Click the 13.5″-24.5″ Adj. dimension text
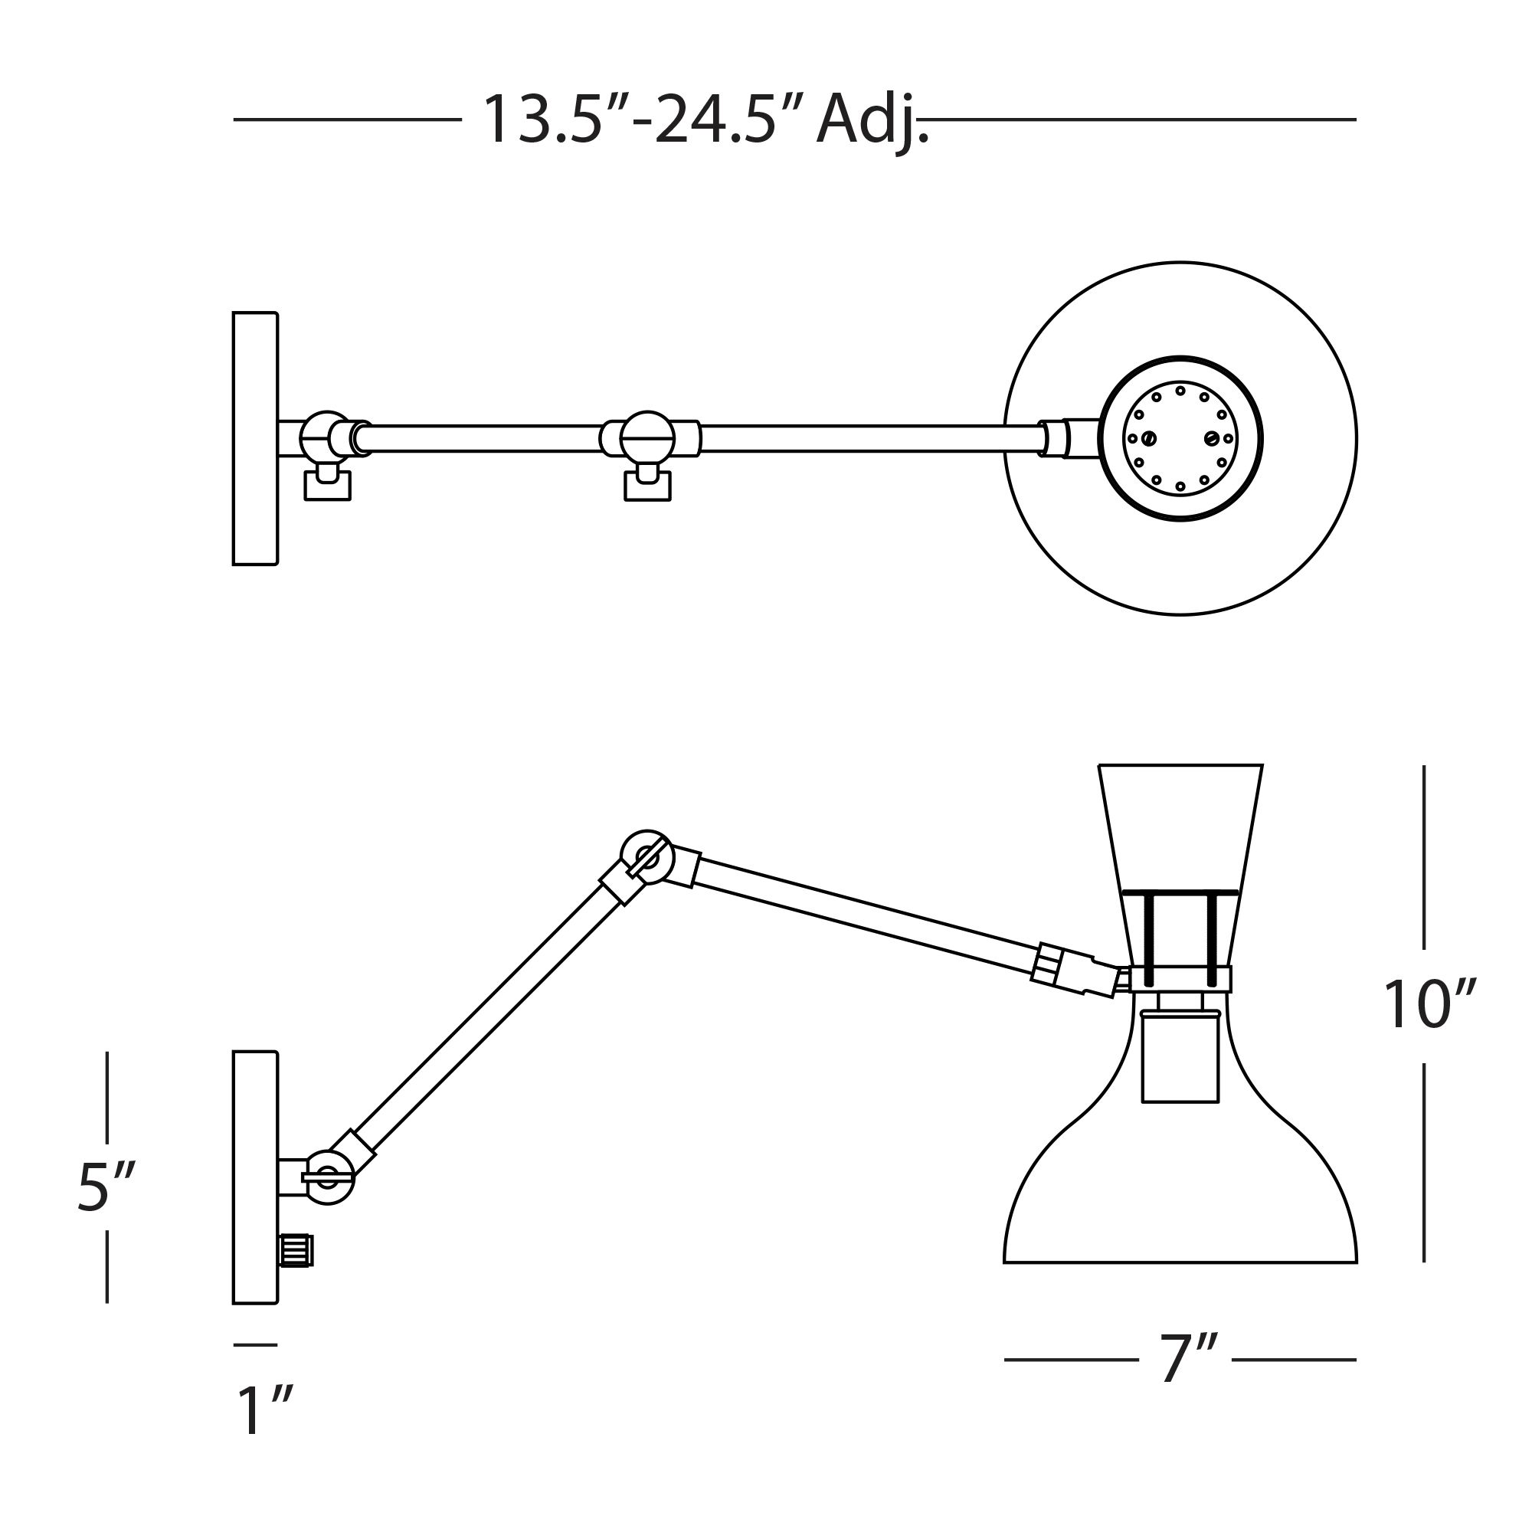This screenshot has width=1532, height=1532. tap(705, 120)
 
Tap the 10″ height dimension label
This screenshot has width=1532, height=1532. tap(1429, 1005)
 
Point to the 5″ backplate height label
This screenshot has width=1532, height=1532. tap(106, 1187)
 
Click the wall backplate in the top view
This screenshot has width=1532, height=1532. tap(255, 438)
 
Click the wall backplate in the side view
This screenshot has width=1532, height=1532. tap(255, 1177)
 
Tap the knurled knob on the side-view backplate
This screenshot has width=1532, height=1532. tap(296, 1251)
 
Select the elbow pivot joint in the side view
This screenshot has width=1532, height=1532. tap(647, 857)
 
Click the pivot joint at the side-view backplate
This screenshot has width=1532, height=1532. tap(328, 1177)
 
